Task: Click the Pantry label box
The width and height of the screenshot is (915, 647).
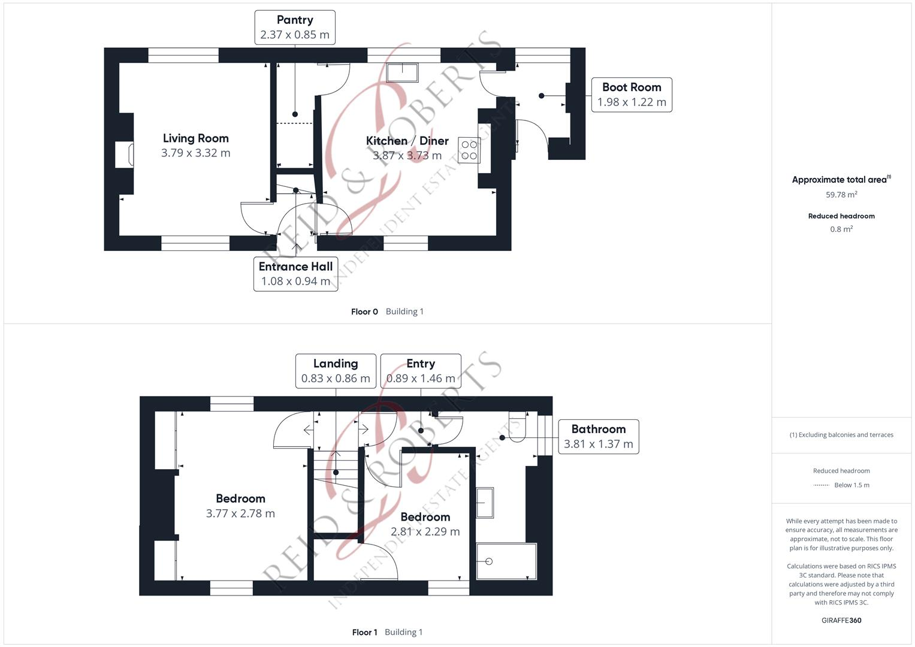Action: [x=295, y=28]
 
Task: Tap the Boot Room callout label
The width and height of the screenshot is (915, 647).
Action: [x=632, y=95]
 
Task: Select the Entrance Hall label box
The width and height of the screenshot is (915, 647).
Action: [x=296, y=274]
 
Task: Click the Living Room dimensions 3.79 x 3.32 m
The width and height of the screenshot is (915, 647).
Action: [x=196, y=153]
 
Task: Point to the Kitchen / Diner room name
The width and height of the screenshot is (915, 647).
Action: [x=407, y=141]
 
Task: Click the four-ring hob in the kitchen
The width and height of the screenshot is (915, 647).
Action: [x=469, y=150]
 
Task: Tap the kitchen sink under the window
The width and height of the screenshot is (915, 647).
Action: [x=402, y=72]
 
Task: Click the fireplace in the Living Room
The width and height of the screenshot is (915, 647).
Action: [x=125, y=155]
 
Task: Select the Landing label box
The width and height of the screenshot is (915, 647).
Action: [x=336, y=371]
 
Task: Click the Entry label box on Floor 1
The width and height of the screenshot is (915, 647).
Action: [x=421, y=371]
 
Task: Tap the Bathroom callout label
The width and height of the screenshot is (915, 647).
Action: [x=599, y=437]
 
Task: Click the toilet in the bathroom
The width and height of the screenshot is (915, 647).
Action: [x=517, y=427]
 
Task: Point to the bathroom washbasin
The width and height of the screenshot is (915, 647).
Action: [x=485, y=503]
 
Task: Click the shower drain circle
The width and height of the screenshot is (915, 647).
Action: [x=489, y=561]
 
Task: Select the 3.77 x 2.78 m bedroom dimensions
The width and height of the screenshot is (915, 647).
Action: [x=240, y=513]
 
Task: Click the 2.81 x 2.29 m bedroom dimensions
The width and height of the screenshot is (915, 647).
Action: [x=425, y=531]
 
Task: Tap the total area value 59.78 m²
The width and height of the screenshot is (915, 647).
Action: [x=841, y=195]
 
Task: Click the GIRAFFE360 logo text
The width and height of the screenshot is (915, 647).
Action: [x=841, y=620]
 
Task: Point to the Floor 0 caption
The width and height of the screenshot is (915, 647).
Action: [x=364, y=312]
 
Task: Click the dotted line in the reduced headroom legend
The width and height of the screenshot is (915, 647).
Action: [x=822, y=485]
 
